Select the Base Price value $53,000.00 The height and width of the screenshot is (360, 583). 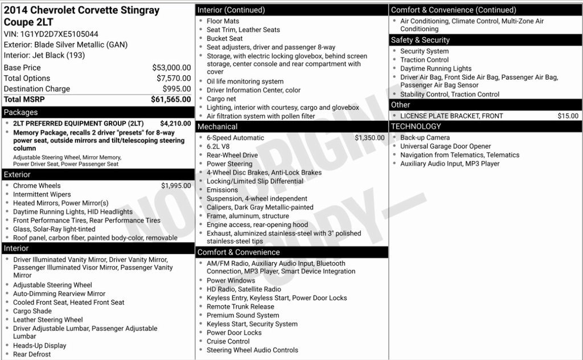point(171,68)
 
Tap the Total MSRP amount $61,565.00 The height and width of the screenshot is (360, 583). point(171,99)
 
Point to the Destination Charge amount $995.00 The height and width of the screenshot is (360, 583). point(176,89)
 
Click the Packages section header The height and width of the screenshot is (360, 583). point(20,112)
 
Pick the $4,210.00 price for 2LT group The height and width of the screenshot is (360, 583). point(175,123)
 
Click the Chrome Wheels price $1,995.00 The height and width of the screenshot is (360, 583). point(176,186)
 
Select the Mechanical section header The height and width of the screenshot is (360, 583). point(217,126)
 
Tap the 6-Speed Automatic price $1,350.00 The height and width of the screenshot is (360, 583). point(369,138)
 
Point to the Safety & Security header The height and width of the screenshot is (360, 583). point(420,40)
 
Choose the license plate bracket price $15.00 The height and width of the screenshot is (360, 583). point(568,116)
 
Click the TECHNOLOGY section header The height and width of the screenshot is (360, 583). point(416,126)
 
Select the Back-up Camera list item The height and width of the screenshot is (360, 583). point(425,138)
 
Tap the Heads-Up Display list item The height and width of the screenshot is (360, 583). point(40,346)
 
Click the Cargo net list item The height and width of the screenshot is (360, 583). point(221,99)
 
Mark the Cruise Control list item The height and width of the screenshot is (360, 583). point(228,341)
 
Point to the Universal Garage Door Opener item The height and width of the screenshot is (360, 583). point(445,146)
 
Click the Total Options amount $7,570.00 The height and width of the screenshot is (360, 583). point(174,79)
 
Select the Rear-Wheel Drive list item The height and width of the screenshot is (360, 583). point(232,155)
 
